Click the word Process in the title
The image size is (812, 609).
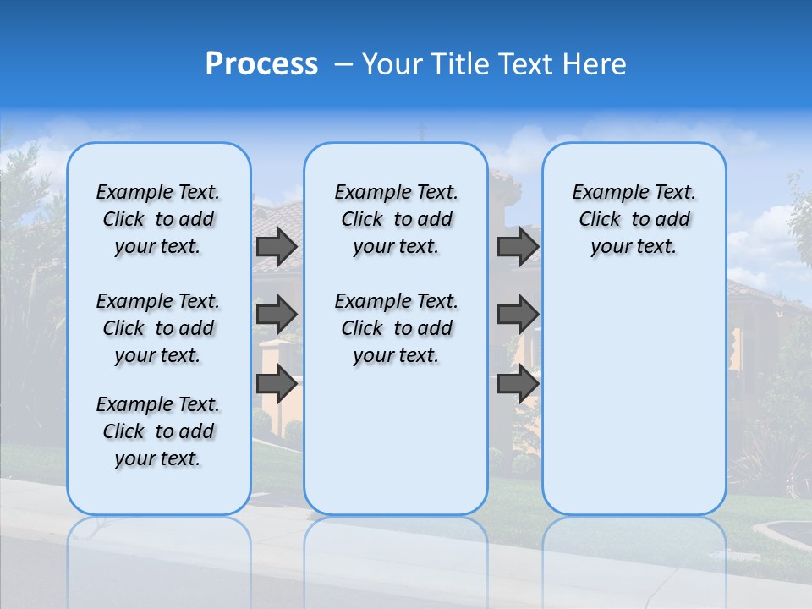point(261,64)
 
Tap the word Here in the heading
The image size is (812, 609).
point(593,64)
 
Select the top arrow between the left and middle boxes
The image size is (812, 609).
point(276,246)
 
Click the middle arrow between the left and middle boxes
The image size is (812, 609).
point(276,315)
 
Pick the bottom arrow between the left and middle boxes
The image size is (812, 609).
point(276,383)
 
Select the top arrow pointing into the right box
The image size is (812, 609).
point(518,246)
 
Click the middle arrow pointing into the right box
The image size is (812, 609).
point(518,315)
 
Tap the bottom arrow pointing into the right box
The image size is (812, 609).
point(518,383)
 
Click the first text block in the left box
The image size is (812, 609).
point(158,219)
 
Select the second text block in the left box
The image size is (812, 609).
point(158,328)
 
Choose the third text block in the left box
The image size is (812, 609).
point(158,431)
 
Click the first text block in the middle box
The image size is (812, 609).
point(396,219)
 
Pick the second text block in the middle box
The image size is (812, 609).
point(396,328)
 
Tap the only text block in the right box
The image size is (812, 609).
point(634,219)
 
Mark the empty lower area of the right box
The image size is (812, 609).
point(634,398)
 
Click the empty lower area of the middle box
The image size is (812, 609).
point(396,440)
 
